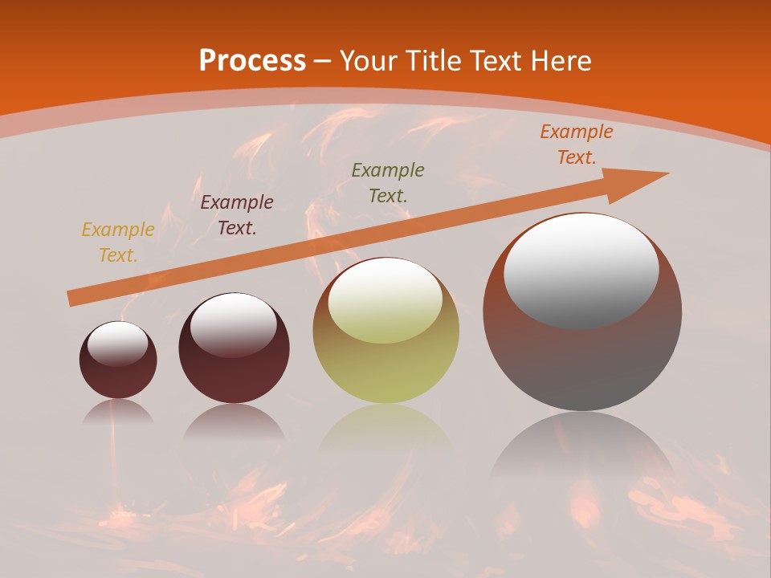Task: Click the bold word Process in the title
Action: click(x=252, y=60)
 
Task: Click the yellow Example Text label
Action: click(x=118, y=242)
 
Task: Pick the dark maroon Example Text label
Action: click(x=237, y=215)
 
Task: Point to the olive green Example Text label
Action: click(x=388, y=182)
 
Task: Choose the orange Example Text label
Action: click(x=577, y=144)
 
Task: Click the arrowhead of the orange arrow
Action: click(x=642, y=177)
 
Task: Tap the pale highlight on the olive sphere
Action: click(x=385, y=299)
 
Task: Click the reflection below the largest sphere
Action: click(x=582, y=450)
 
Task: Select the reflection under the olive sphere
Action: click(x=385, y=429)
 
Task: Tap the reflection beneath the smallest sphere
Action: click(x=118, y=413)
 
